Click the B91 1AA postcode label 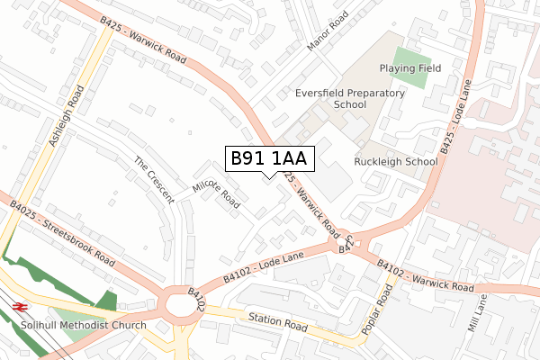point(268,159)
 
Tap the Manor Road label point(327,31)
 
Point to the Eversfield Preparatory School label point(331,98)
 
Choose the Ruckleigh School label point(395,162)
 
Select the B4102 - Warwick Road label point(425,278)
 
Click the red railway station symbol point(21,307)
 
